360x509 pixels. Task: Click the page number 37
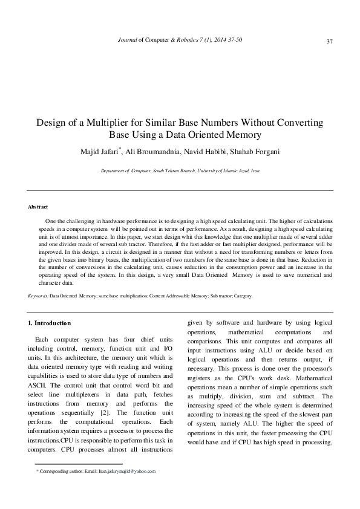coord(330,41)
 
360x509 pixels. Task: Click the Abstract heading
coord(38,207)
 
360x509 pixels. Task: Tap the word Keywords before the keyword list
coord(38,296)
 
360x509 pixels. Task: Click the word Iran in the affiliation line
coord(255,171)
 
